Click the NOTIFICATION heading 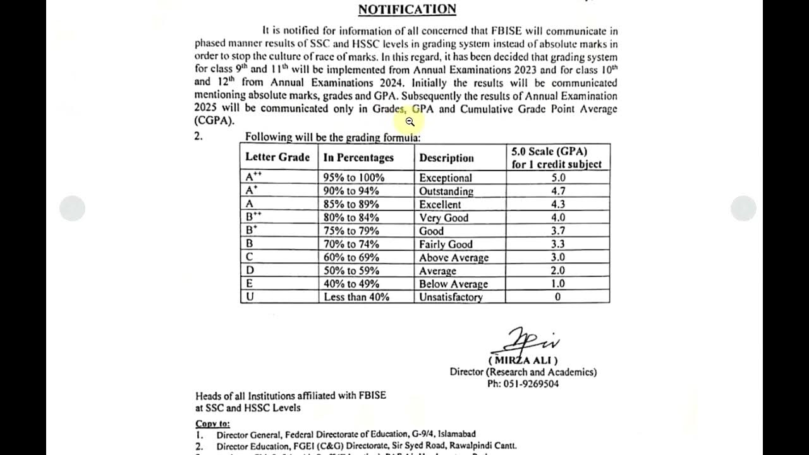point(407,9)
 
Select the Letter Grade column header point(277,157)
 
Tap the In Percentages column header point(358,158)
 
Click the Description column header point(446,158)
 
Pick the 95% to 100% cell point(354,178)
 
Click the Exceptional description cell point(446,178)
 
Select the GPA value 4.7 point(557,191)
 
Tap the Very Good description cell point(444,218)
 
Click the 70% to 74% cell point(351,244)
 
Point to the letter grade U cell point(250,297)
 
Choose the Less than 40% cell point(356,297)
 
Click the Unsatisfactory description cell point(451,297)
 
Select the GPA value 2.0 point(557,270)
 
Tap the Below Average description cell point(453,284)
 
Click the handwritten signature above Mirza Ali point(525,342)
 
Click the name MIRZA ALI point(523,360)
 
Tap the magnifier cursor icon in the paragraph point(410,122)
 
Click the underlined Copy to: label point(212,423)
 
